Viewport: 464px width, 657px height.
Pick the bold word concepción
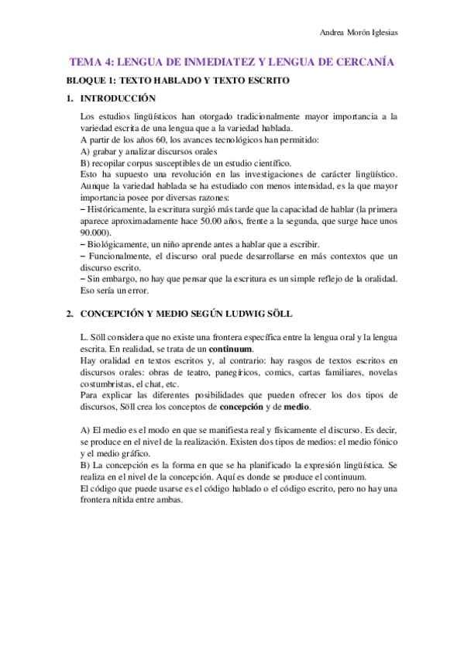coord(241,406)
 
